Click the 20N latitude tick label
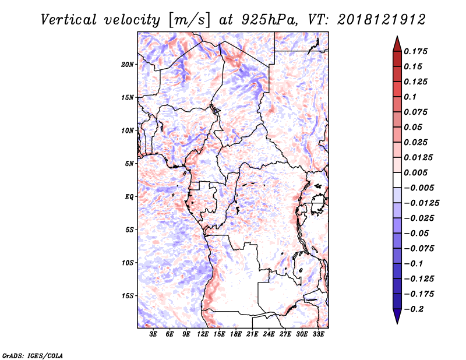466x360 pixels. [127, 65]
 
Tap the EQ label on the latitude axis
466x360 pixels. [129, 197]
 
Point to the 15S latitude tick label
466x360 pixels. [127, 296]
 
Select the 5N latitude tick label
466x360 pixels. [129, 164]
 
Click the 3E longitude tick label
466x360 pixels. [153, 334]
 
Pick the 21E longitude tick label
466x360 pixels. [252, 334]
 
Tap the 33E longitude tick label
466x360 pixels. [318, 334]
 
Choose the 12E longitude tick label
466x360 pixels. [203, 334]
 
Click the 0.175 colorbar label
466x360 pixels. [415, 51]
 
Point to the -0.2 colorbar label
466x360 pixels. [414, 309]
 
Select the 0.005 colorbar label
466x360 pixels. [415, 172]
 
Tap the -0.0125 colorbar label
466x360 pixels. [421, 203]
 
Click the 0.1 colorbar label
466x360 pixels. [410, 97]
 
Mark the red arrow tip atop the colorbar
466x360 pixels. [397, 36]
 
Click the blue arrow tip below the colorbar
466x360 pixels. [397, 323]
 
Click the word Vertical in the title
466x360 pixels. [69, 20]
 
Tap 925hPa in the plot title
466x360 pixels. [269, 20]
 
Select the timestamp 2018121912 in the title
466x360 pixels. [382, 20]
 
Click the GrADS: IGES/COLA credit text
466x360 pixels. [33, 355]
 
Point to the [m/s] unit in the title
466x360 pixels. [189, 20]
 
